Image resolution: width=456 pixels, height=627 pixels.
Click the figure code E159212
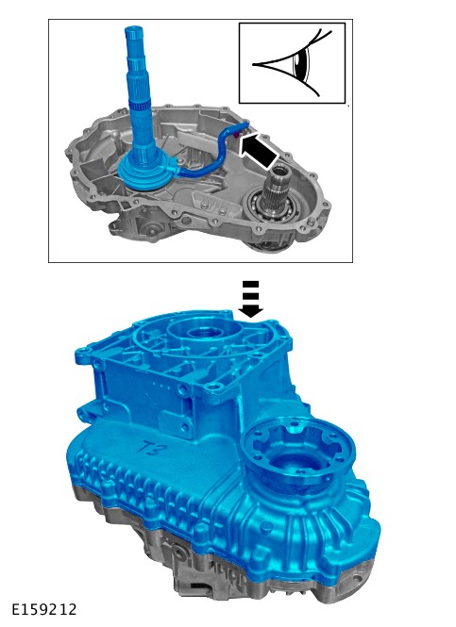tap(43, 609)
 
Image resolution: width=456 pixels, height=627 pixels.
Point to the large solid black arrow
tap(259, 151)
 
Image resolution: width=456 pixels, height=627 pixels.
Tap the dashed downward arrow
tap(250, 299)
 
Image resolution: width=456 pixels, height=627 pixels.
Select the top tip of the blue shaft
tap(134, 27)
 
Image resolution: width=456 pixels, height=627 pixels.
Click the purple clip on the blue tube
tap(236, 136)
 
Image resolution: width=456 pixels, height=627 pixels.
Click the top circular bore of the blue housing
tap(204, 332)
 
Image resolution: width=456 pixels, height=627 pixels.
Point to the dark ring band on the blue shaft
tap(140, 107)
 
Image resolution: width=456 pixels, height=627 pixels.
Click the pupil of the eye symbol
tap(299, 64)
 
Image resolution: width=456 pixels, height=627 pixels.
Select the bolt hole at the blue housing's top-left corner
tap(83, 351)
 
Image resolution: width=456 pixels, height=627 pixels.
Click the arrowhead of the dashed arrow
tap(250, 311)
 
